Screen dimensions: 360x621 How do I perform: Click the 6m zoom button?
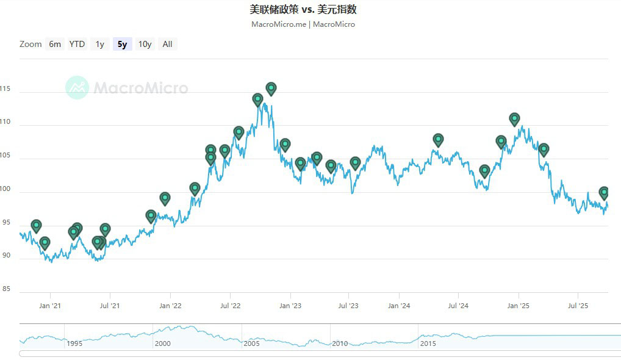point(55,44)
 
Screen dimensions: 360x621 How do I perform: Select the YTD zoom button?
point(77,44)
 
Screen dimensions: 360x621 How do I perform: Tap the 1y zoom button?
point(99,44)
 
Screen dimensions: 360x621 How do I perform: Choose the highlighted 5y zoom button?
point(123,44)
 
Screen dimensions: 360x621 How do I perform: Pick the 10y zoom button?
point(145,44)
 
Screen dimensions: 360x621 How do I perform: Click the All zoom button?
point(167,44)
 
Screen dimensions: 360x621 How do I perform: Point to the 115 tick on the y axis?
point(6,89)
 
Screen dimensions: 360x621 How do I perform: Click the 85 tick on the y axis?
point(6,289)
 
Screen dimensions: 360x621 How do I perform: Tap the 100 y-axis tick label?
point(6,189)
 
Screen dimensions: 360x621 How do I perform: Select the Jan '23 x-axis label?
point(290,306)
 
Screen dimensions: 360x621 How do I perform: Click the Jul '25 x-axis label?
point(578,306)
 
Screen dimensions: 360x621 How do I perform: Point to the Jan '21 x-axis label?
point(50,306)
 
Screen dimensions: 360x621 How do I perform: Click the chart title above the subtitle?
point(303,9)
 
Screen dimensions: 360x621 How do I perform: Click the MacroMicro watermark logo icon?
point(77,88)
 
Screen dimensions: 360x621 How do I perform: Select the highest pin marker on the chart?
point(271,88)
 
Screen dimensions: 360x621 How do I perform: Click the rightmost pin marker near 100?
point(604,192)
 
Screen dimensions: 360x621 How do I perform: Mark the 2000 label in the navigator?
point(163,344)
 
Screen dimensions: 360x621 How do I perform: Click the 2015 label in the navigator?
point(428,344)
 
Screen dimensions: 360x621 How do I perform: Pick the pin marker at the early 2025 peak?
point(514,118)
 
